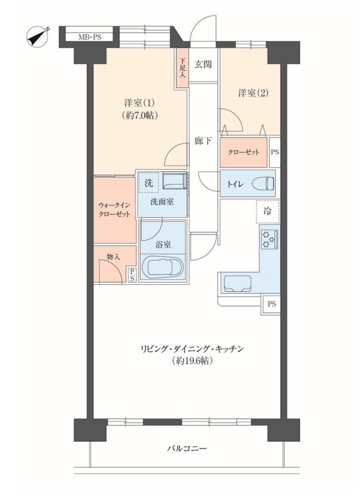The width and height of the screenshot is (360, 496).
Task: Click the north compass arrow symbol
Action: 38,37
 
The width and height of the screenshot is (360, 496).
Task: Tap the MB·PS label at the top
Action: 90,37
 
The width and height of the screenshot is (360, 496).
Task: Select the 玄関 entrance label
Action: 203,64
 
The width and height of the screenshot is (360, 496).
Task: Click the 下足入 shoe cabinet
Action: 182,68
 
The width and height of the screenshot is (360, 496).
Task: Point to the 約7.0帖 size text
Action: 140,115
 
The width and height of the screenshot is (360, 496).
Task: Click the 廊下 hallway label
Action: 203,141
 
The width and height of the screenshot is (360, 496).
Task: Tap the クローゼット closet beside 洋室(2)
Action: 244,152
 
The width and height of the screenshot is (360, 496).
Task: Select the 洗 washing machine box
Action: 149,183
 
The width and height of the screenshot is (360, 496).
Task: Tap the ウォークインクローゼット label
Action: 114,209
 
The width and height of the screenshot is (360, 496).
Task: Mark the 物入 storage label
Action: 113,257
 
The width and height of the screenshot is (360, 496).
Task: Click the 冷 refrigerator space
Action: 268,211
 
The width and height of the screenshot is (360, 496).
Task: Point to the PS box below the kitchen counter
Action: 272,304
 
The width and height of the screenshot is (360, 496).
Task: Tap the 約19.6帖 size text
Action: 192,361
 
